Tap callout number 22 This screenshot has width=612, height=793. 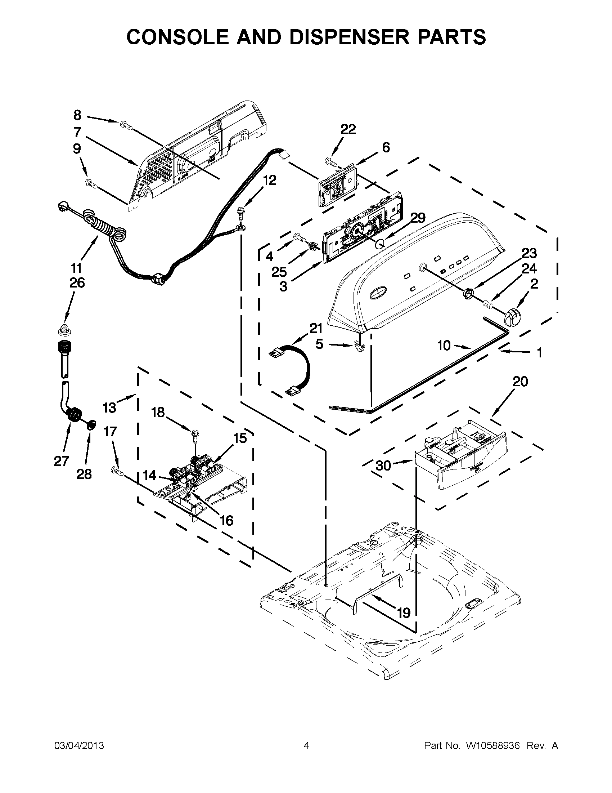348,129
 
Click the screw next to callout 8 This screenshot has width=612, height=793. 126,126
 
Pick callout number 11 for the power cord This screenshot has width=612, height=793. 76,268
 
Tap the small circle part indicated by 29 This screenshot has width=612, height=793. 379,244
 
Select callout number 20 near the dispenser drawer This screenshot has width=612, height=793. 520,382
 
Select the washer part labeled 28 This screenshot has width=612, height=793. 92,424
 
